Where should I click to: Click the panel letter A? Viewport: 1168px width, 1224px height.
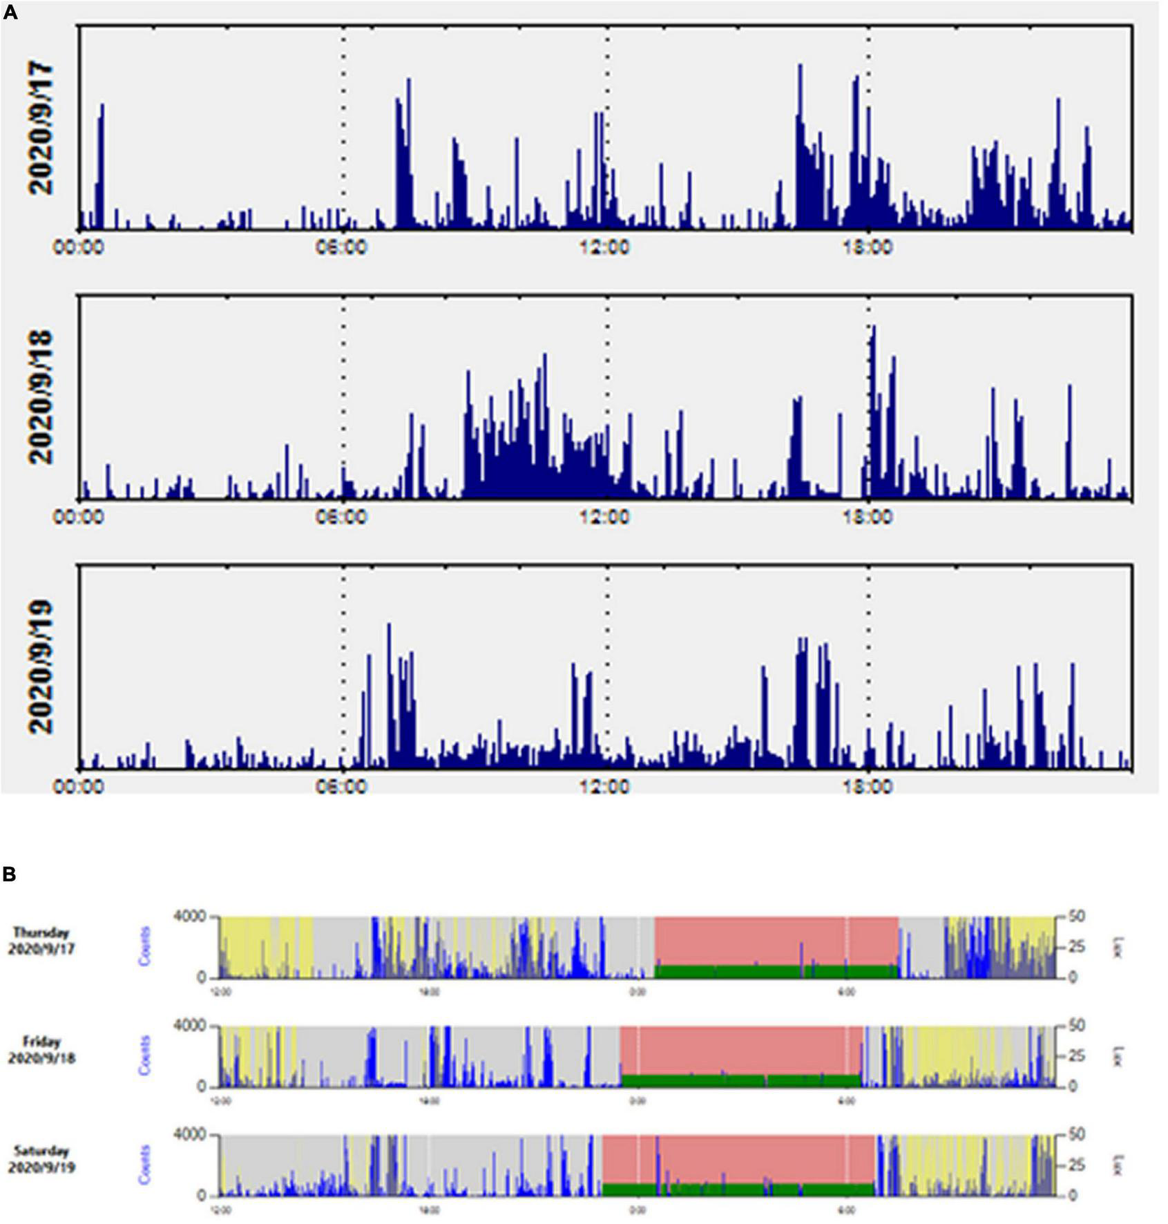pyautogui.click(x=10, y=12)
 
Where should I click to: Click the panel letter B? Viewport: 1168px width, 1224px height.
pyautogui.click(x=10, y=874)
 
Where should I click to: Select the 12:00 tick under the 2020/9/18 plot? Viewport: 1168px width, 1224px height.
pyautogui.click(x=605, y=517)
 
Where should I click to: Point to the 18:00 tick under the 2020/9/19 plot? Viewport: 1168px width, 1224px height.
pyautogui.click(x=868, y=786)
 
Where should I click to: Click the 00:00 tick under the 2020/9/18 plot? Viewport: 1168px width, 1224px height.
pyautogui.click(x=79, y=517)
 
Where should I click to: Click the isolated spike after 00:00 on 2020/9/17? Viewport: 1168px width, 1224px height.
pyautogui.click(x=101, y=166)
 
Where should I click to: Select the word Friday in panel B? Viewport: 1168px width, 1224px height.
pyautogui.click(x=41, y=1042)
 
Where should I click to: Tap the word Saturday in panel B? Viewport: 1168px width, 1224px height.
pyautogui.click(x=41, y=1151)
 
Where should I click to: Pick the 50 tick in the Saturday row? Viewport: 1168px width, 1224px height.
pyautogui.click(x=1077, y=1134)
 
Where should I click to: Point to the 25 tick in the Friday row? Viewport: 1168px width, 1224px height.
pyautogui.click(x=1077, y=1055)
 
